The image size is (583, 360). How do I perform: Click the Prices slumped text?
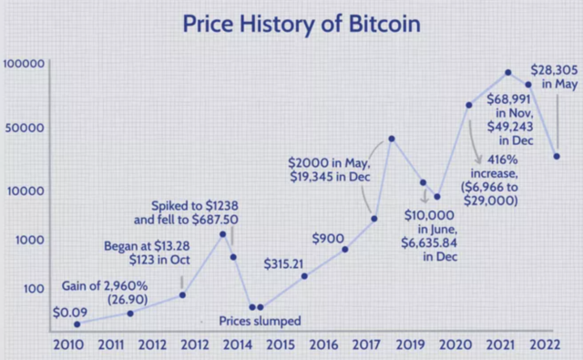coord(260,321)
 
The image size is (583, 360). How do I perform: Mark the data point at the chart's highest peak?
coord(508,72)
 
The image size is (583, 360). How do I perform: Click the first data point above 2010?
coord(77,324)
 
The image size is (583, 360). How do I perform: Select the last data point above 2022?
coord(557,156)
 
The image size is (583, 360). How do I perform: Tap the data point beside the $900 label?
coord(344,248)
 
